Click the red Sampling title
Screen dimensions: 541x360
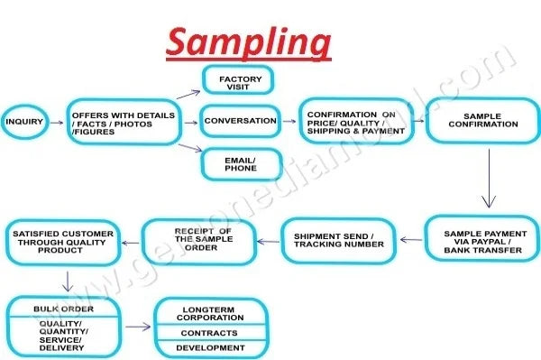249,42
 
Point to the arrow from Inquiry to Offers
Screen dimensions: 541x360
57,123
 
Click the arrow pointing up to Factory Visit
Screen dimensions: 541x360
188,94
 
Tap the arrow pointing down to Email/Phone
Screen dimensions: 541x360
190,148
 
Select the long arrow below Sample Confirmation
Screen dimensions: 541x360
489,179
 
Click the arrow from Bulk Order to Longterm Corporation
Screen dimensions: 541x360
138,327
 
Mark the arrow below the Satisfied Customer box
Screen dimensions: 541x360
68,282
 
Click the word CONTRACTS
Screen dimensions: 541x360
209,333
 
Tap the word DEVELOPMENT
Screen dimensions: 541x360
210,348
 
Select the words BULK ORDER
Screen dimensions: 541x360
63,309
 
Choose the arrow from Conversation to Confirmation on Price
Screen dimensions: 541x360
289,121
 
